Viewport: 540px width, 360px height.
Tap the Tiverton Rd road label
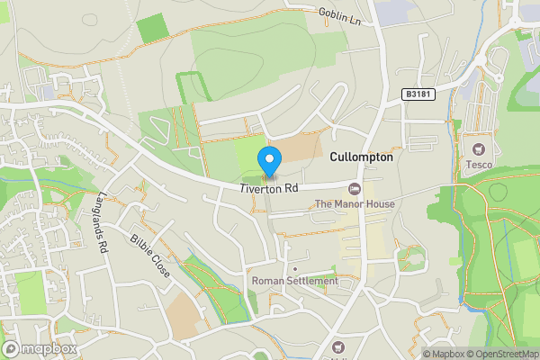click(x=269, y=189)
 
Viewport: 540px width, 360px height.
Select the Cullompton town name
click(x=361, y=157)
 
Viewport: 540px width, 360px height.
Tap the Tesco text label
click(x=478, y=165)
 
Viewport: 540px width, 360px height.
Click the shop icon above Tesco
click(x=478, y=148)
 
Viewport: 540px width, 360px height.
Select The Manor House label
click(x=355, y=204)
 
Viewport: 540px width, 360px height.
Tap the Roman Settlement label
click(x=295, y=282)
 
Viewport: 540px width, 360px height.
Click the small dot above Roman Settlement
click(x=295, y=268)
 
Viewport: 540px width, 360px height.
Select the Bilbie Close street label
click(x=149, y=256)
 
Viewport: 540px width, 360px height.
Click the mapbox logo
click(x=39, y=348)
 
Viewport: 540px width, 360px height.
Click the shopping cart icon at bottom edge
click(x=338, y=348)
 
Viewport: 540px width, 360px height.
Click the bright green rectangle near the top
click(x=151, y=29)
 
